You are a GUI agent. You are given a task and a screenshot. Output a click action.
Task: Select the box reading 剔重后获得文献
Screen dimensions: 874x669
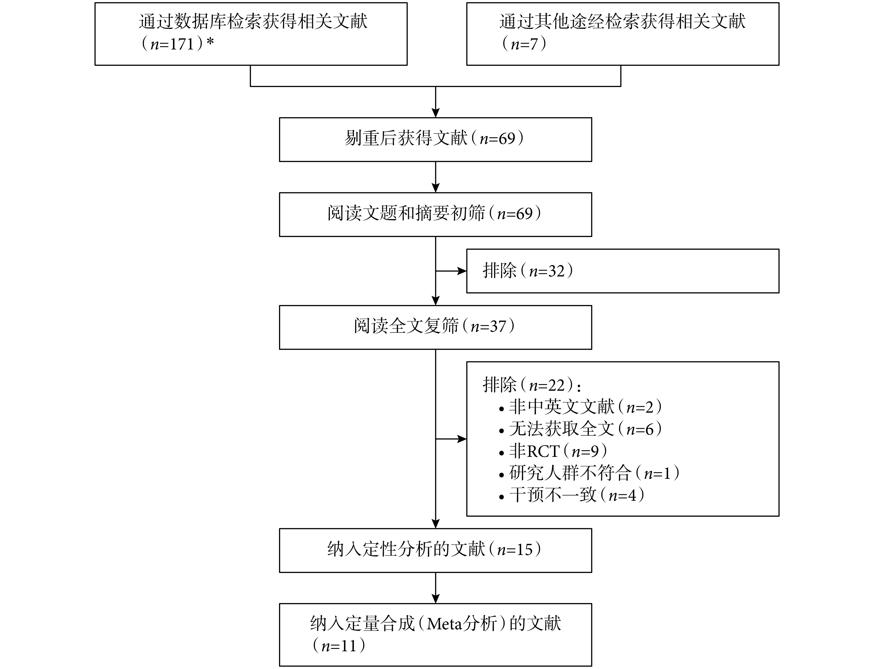pos(435,139)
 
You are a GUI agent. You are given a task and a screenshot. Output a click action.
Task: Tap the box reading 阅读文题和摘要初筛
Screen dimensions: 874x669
pos(435,215)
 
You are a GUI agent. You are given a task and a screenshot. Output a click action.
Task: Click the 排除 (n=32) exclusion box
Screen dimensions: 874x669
pos(623,271)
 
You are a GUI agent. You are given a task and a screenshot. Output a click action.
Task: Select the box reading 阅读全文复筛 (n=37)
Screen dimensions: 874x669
pos(435,327)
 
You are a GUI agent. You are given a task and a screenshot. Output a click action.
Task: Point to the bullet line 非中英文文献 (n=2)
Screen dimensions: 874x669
pos(580,407)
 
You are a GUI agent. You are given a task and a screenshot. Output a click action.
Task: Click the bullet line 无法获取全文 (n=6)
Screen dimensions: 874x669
pos(580,429)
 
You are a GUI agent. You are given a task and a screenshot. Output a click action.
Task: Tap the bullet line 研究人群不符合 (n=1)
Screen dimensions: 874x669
pos(589,473)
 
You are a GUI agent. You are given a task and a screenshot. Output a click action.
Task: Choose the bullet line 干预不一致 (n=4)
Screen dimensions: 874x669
pos(572,495)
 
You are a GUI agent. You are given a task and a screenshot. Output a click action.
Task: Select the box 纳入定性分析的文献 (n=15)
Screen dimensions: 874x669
pos(435,550)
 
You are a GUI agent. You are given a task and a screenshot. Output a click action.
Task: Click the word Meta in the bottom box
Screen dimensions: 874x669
pos(444,624)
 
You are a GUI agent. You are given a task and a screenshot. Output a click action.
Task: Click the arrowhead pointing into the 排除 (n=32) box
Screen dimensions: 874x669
pos(462,271)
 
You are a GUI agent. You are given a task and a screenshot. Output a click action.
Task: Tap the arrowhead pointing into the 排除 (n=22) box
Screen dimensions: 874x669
pos(462,439)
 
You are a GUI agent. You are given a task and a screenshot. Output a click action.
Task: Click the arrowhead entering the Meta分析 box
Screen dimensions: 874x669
pos(436,599)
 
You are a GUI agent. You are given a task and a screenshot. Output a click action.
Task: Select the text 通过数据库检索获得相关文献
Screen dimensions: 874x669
pos(253,21)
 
